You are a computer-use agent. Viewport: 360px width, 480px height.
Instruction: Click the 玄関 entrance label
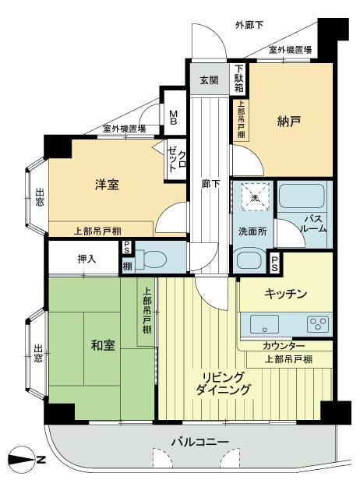208,80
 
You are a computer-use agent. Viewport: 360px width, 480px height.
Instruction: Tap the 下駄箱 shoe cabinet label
240,77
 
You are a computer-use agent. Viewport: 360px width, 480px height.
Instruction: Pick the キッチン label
286,294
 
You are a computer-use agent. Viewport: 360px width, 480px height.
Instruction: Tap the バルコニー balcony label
200,442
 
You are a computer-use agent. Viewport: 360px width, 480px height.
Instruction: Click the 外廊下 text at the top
249,25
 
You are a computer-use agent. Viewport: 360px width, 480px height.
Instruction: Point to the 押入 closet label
86,259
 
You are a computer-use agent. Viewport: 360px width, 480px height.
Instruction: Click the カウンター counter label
284,346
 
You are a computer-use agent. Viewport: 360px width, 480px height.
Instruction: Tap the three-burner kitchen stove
319,322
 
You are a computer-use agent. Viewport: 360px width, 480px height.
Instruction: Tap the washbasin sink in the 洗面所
251,259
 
